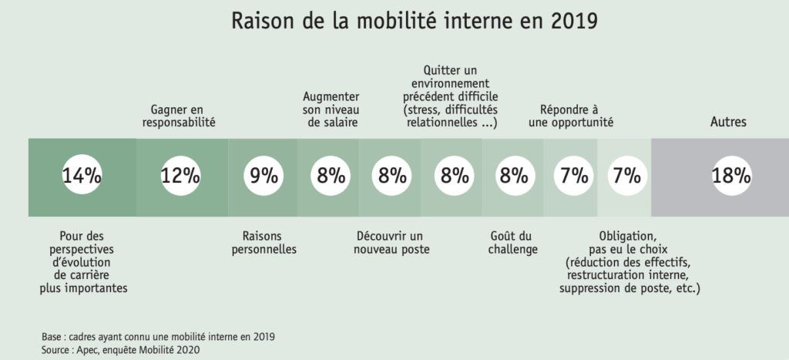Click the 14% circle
pos(82,176)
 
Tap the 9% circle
pos(264,176)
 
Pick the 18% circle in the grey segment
pos(730,176)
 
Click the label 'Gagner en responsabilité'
pos(179,116)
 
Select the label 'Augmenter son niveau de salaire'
pos(331,109)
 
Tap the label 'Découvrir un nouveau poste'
pos(391,242)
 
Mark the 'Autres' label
pos(728,122)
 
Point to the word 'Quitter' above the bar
pos(442,70)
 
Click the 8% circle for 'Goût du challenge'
pos(512,176)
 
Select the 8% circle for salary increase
pos(331,176)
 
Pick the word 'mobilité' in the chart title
pos(393,22)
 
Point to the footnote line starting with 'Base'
pos(158,337)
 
